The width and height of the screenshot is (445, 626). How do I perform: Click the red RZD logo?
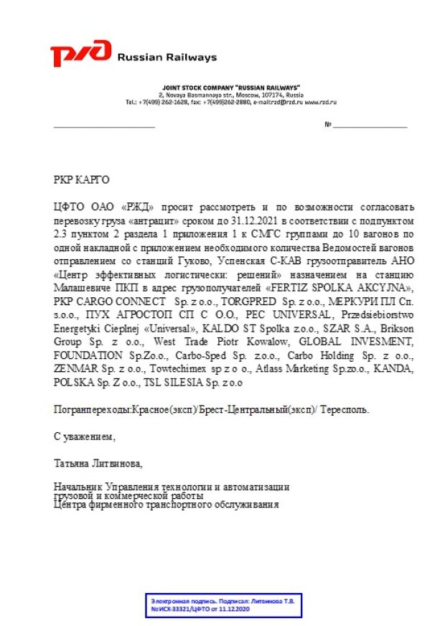[81, 54]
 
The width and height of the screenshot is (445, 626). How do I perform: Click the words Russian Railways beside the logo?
[167, 57]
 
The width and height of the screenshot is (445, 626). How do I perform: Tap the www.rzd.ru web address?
[320, 102]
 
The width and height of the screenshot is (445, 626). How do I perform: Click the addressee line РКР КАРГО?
[83, 180]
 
